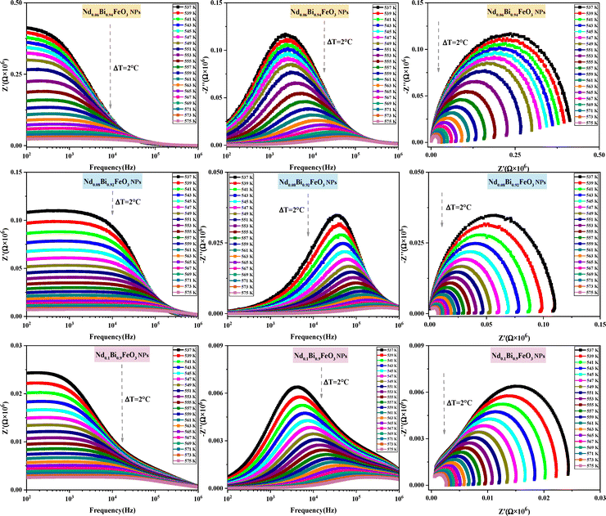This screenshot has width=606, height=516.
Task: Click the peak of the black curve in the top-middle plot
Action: coord(285,34)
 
